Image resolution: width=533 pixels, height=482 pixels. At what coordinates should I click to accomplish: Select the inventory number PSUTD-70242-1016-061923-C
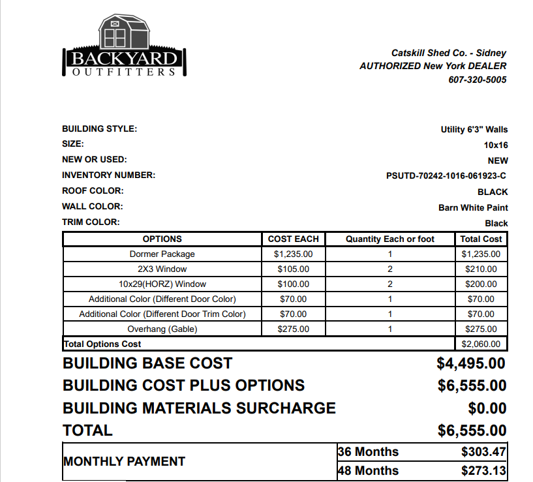[x=446, y=176]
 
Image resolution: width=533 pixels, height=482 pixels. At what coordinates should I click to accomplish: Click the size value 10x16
[x=495, y=145]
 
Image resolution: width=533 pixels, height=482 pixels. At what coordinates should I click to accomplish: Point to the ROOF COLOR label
[x=93, y=191]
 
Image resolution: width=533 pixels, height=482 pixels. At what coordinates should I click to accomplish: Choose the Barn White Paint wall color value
[x=473, y=207]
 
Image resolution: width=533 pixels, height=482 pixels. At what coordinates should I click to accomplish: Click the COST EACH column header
[x=293, y=239]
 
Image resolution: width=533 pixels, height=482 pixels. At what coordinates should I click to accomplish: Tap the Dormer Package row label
[x=162, y=254]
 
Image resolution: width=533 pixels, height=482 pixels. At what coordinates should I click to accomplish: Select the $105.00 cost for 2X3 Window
[x=293, y=269]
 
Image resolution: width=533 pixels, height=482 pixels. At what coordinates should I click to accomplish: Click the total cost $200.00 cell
[x=481, y=284]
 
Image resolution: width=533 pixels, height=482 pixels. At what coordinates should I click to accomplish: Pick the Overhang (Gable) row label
[x=162, y=329]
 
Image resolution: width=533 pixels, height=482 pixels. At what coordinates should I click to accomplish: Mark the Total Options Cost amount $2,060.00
[x=481, y=344]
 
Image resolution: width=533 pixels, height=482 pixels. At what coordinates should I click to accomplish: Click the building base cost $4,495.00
[x=471, y=363]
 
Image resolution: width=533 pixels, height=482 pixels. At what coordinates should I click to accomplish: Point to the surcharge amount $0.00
[x=487, y=408]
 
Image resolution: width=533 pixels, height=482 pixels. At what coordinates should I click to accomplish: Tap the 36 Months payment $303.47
[x=483, y=452]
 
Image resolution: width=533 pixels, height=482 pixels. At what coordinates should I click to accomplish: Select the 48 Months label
[x=369, y=471]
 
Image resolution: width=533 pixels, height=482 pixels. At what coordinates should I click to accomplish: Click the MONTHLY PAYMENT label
[x=124, y=461]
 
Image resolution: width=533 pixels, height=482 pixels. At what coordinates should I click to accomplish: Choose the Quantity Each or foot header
[x=389, y=239]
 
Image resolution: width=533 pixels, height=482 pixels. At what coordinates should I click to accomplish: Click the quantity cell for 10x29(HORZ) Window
[x=389, y=284]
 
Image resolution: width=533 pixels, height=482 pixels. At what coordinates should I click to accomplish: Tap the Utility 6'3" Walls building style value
[x=474, y=130]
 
